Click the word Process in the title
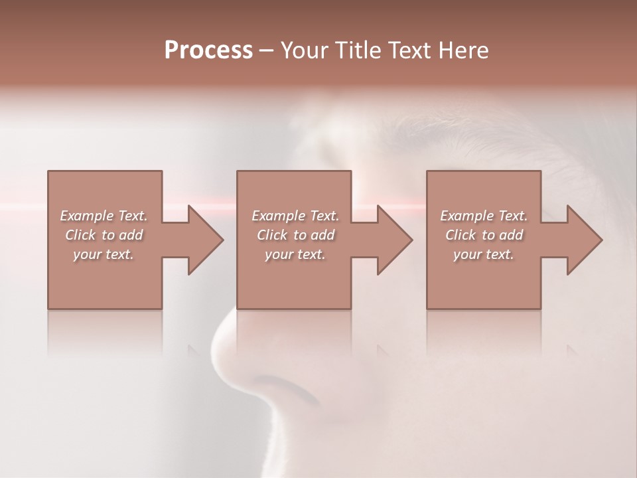[208, 50]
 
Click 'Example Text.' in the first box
[104, 216]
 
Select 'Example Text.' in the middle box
[295, 216]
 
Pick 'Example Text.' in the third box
[484, 216]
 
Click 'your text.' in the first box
[104, 254]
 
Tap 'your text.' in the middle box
[295, 254]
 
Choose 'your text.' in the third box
[484, 254]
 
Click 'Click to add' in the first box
[104, 235]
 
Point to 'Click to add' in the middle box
[295, 235]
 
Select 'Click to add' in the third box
[484, 235]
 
